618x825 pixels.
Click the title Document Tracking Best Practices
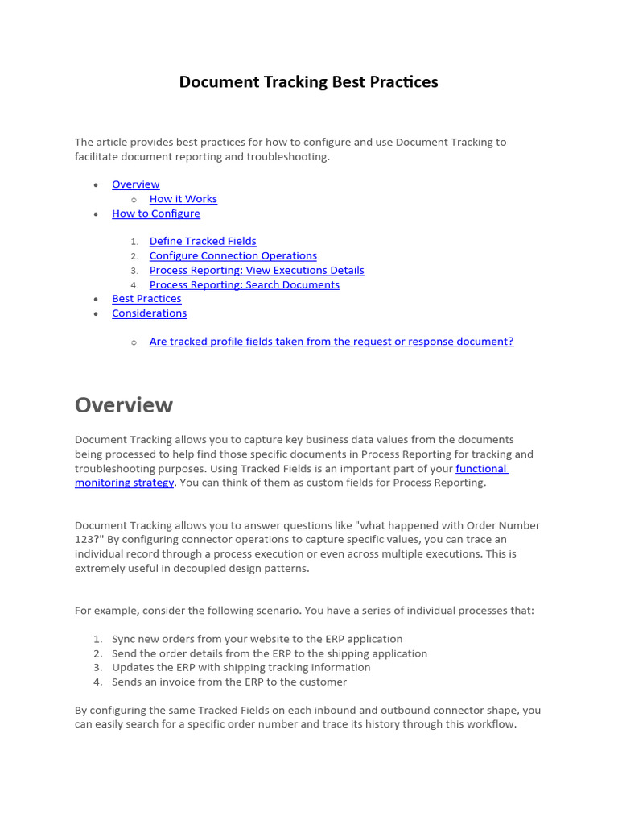tap(308, 82)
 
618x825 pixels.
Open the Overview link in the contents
tap(135, 184)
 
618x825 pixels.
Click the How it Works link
tap(183, 199)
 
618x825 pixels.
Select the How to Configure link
tap(155, 214)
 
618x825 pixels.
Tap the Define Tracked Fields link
tap(203, 241)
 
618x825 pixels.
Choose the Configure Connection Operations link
tap(233, 255)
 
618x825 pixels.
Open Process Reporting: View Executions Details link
tap(256, 270)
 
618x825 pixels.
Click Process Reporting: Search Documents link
tap(244, 284)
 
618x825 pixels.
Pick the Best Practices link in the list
tap(146, 298)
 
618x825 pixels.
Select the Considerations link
tap(149, 313)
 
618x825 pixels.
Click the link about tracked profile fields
tap(331, 342)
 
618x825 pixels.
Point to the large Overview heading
tap(123, 404)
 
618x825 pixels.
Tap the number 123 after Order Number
tap(84, 540)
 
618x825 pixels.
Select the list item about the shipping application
tap(269, 653)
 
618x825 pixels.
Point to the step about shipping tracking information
tap(241, 667)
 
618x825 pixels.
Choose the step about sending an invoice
tap(229, 682)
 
